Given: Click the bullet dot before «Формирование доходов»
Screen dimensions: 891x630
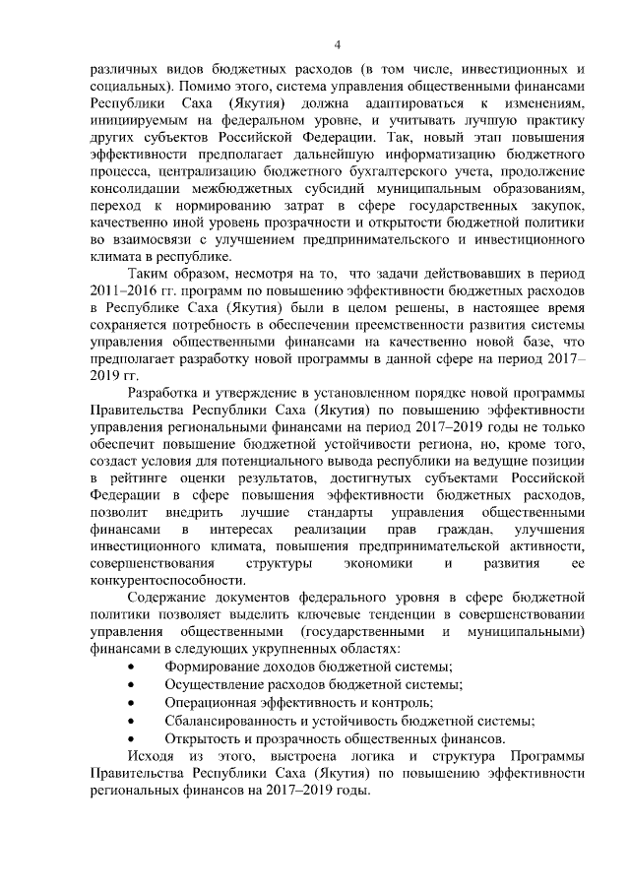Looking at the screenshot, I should (x=133, y=668).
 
